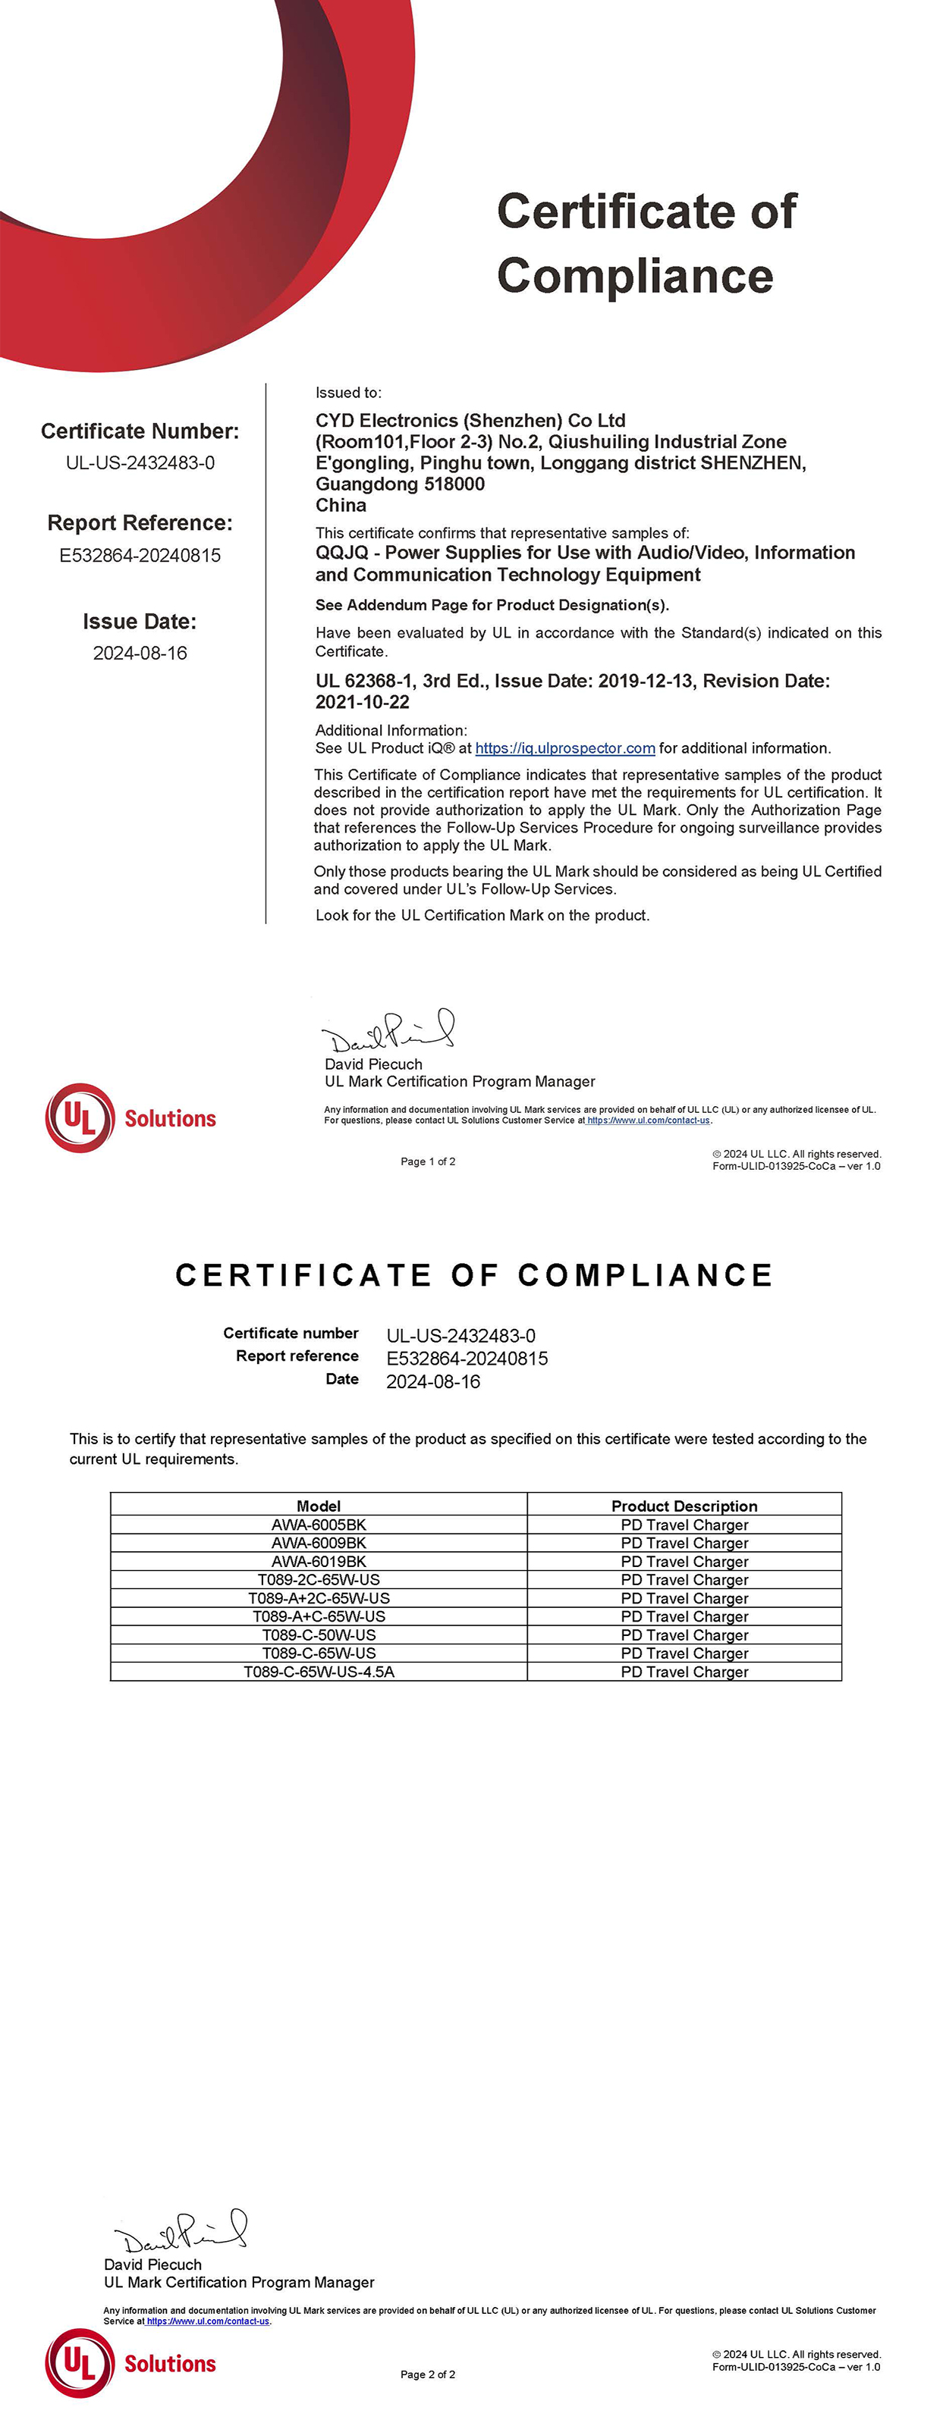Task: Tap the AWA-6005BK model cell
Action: pos(319,1524)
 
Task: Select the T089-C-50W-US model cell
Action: pos(319,1635)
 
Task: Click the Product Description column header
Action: pos(684,1506)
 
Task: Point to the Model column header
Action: pos(319,1506)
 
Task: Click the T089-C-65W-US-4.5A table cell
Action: pos(319,1672)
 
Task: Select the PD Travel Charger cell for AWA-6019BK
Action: pos(684,1562)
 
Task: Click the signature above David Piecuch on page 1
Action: pos(388,1032)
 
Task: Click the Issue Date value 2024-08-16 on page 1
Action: pos(140,653)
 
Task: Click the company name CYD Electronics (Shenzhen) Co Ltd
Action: pos(470,420)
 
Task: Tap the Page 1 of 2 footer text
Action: pos(428,1161)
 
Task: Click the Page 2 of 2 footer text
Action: pos(428,2374)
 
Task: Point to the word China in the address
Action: pos(341,505)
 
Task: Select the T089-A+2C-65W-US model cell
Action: pos(319,1598)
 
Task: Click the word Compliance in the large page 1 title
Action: pos(635,276)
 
